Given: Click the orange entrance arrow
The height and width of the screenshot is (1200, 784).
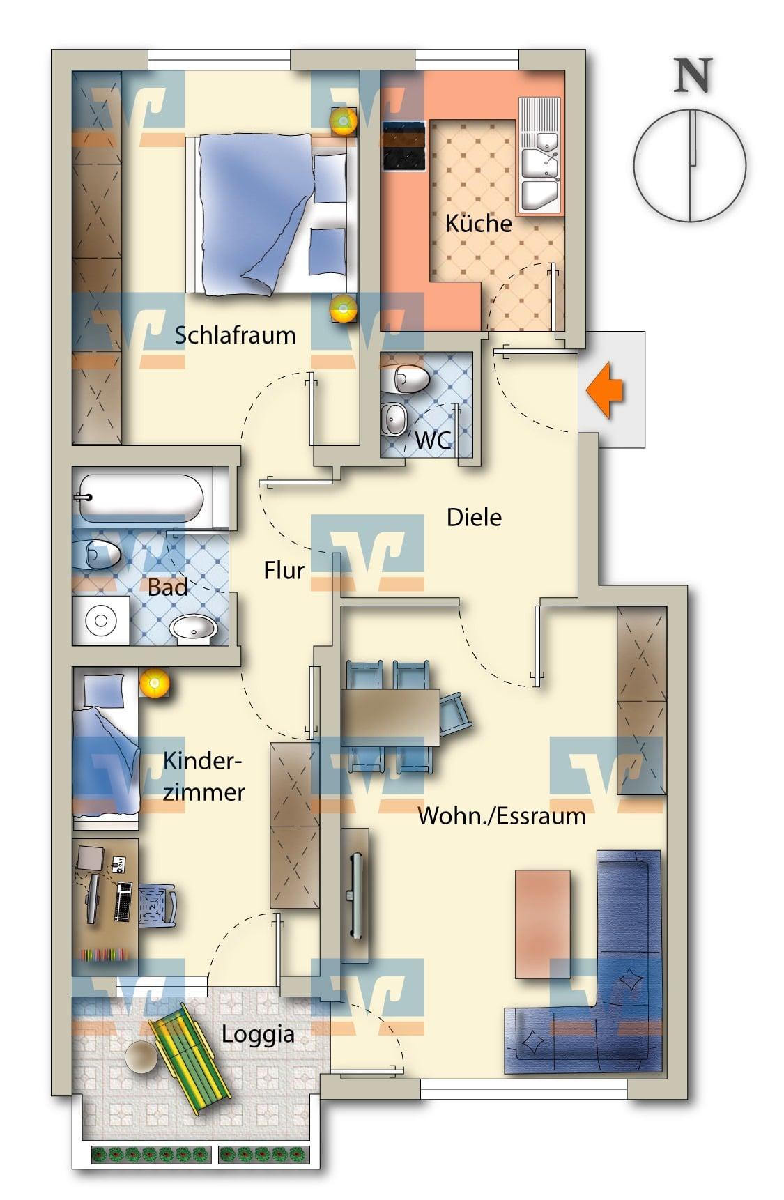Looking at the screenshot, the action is pos(604,391).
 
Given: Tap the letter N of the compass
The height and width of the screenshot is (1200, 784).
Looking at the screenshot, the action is pos(692,76).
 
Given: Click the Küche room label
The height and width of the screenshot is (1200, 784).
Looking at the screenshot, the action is pos(478,224).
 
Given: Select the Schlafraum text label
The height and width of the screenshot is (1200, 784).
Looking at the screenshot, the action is pos(235,335).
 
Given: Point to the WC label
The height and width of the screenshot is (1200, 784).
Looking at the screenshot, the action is pos(433,440).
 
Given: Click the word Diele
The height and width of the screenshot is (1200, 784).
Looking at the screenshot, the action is pos(474,518).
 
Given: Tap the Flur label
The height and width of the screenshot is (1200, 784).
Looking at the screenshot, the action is pos(284,571).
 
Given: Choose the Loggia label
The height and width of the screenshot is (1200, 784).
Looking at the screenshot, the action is pos(258,1035).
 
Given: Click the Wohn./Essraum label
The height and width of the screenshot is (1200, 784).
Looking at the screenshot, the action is pos(501,816).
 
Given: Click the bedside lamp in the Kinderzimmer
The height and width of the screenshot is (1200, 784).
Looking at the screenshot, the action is pos(154,683).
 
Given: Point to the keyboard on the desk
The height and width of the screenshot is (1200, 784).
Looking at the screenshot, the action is pos(124,902).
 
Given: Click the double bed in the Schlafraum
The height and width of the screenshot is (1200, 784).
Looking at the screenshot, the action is pos(272,214).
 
